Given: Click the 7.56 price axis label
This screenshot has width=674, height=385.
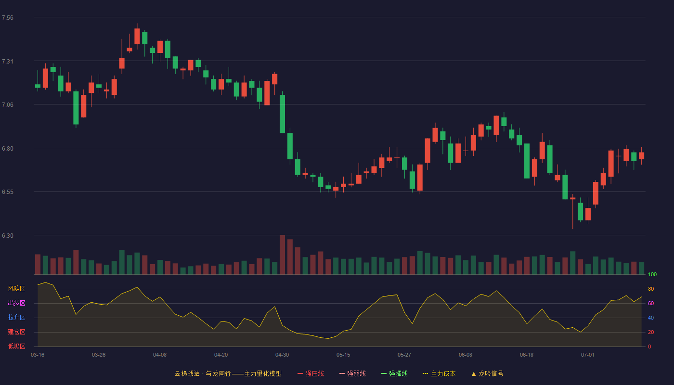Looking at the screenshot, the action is tap(8, 18).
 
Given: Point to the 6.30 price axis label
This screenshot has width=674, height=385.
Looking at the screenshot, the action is tap(8, 236).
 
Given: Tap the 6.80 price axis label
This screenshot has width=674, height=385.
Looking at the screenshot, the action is tap(8, 149).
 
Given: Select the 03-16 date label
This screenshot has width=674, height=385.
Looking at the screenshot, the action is tap(38, 355).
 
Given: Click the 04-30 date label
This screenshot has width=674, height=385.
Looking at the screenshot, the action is tap(282, 355).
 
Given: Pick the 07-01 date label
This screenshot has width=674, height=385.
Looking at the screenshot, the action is tap(588, 355).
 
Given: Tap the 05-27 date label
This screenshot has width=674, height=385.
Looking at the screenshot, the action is tap(404, 355).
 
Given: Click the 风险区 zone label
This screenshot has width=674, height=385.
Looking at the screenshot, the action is tap(16, 289).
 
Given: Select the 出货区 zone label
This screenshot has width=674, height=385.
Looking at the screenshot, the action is tap(16, 303).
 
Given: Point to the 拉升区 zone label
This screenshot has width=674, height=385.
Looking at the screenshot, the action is tap(16, 317).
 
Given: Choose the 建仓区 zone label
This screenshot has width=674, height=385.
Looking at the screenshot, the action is tap(16, 332).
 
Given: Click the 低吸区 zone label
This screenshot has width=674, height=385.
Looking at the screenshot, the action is tap(16, 346).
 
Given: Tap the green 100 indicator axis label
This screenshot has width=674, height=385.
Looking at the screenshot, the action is tap(652, 274).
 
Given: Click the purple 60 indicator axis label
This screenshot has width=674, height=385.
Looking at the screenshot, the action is tap(651, 303).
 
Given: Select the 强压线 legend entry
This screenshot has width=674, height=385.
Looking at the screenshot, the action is tap(311, 373).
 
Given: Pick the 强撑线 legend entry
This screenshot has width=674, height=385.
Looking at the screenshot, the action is tap(394, 373).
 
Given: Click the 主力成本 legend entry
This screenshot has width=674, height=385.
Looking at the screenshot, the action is tap(439, 373).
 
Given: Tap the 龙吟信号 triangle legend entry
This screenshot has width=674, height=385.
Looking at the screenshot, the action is tap(487, 373).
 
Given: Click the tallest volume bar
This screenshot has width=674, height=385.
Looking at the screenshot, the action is tap(282, 255).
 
